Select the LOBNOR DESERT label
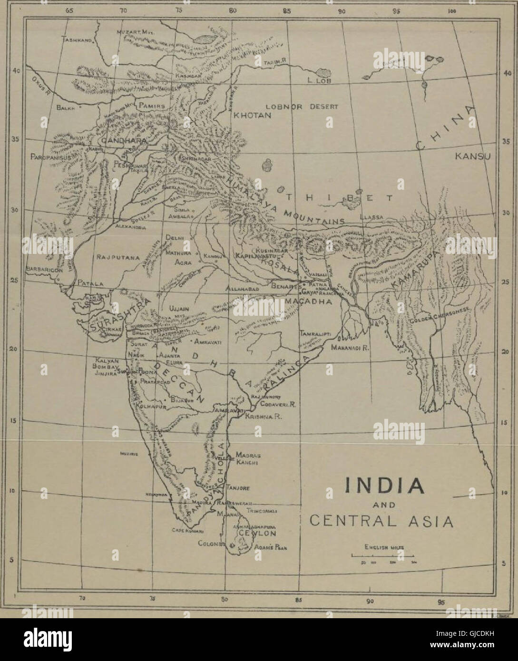tap(301, 107)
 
